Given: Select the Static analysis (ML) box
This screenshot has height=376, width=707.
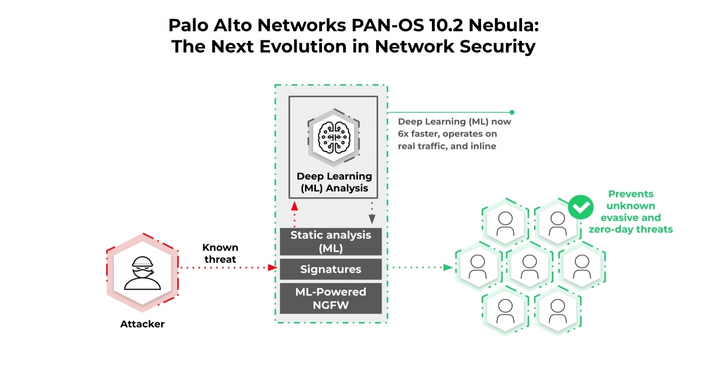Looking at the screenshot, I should pos(330,242).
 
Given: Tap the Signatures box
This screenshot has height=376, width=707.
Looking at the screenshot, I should pos(330,269).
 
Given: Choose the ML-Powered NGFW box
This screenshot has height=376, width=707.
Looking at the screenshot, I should pos(330,298).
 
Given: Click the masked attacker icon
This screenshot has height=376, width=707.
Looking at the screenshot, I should pos(142,273).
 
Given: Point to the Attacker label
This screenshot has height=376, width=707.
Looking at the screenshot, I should pos(142,324).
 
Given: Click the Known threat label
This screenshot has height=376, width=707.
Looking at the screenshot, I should pos(219,253).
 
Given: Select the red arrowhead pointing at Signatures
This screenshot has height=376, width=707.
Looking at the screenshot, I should pos(272,268).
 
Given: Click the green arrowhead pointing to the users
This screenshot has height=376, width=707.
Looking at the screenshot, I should pos(448,268).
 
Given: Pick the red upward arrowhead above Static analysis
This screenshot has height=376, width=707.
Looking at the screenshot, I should pos(294,203).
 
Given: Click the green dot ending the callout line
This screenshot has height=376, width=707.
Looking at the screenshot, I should pos(512,112).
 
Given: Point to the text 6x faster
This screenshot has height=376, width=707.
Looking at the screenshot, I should pos(419,134).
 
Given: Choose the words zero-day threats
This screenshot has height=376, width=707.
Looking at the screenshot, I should pos(630,229).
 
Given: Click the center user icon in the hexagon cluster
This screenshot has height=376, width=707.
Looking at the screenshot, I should pos(529,266).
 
